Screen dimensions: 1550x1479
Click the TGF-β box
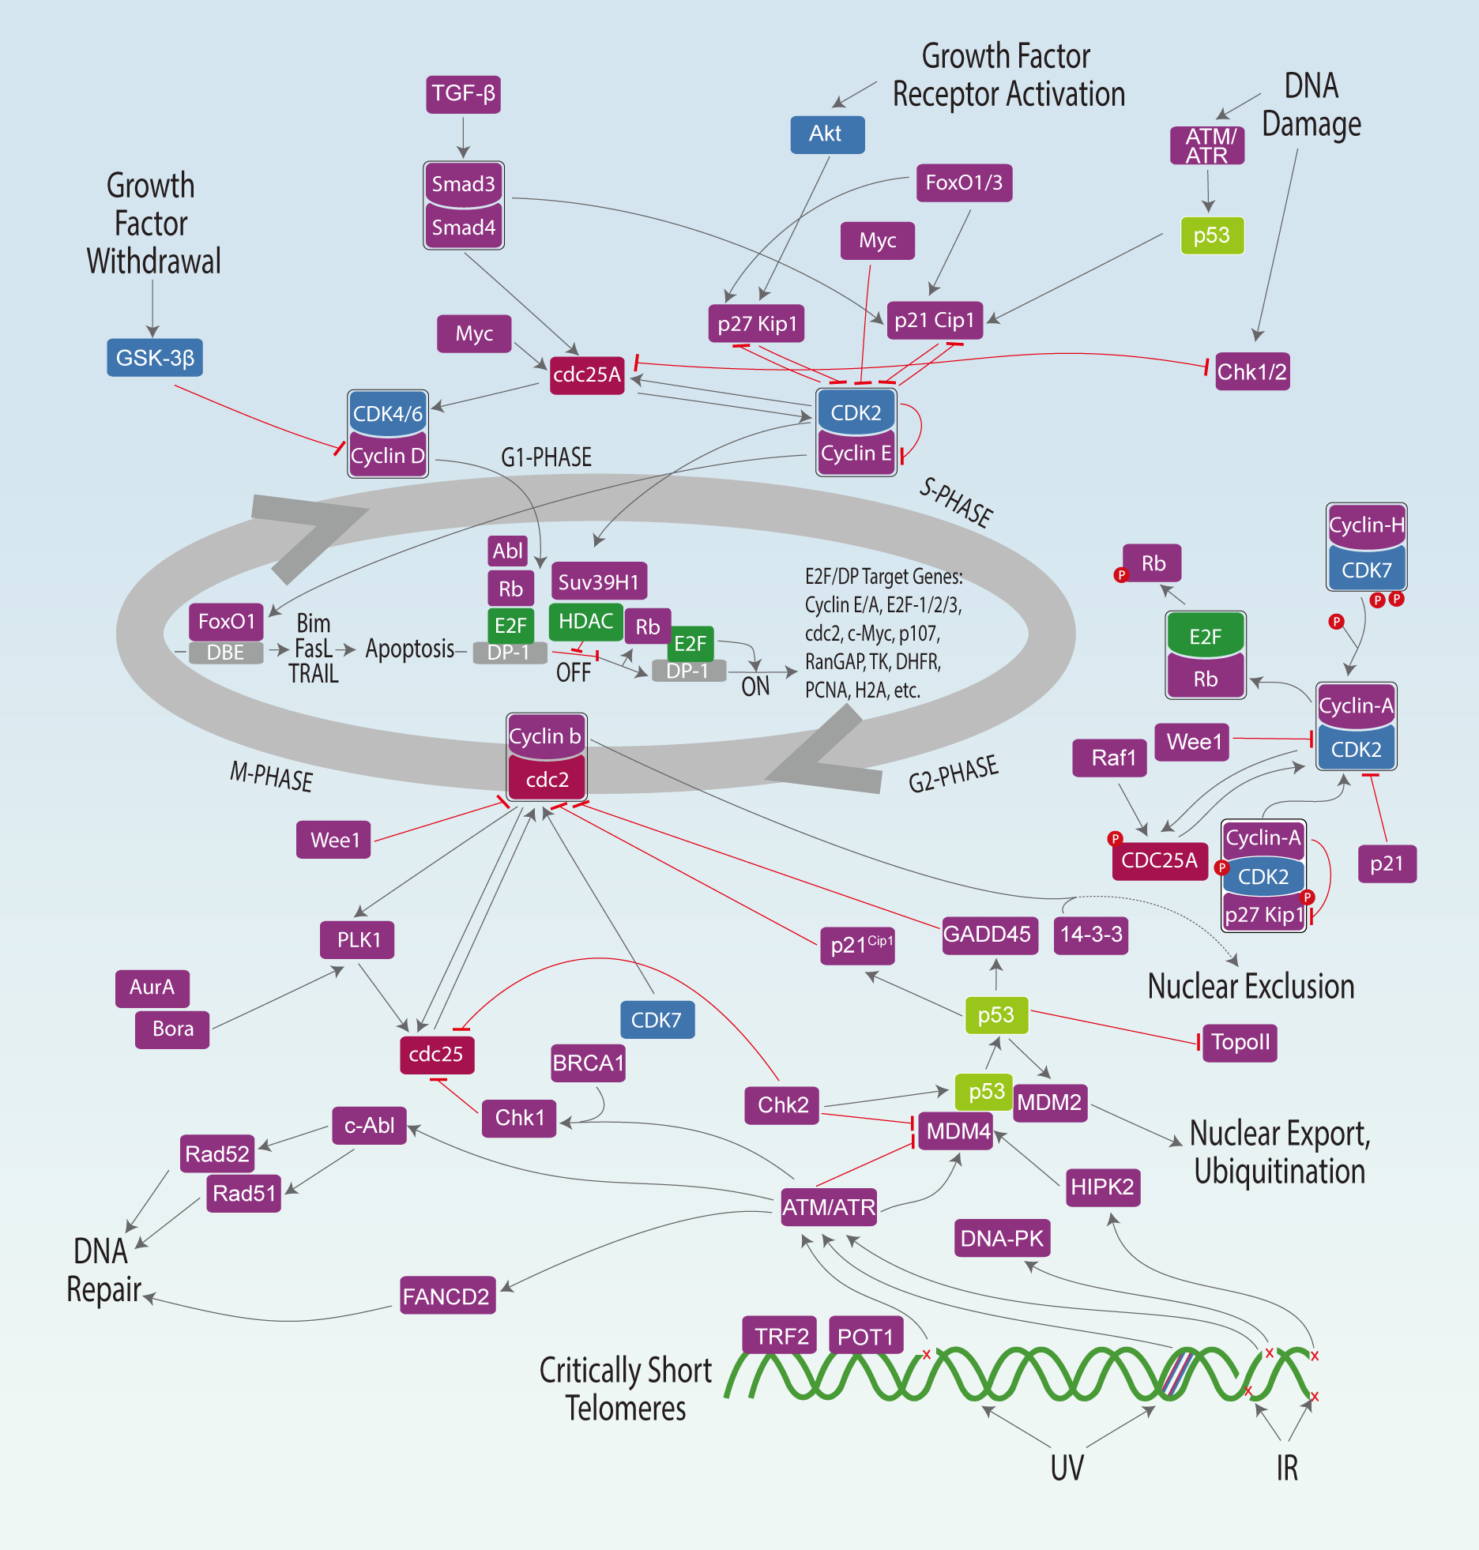[463, 94]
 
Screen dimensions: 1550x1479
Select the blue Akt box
[826, 134]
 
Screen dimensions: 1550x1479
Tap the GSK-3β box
[155, 358]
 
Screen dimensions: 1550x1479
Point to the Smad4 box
[464, 228]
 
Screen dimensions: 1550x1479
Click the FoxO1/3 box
[964, 183]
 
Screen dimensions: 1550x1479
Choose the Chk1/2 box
[1252, 372]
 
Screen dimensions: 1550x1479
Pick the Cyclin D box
[388, 456]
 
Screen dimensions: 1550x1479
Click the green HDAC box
[585, 622]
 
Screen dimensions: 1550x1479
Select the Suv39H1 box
[599, 582]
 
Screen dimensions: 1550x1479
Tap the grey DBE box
[225, 653]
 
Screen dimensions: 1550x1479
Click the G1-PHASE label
[546, 457]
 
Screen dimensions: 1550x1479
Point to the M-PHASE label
[271, 777]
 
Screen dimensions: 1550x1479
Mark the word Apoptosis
[409, 649]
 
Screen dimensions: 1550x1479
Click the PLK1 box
[358, 940]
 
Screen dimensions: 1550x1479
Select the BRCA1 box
[589, 1063]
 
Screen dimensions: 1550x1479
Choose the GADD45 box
[988, 935]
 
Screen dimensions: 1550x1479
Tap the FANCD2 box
[446, 1296]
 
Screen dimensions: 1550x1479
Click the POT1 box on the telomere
[865, 1337]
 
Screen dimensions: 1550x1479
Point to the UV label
[1067, 1468]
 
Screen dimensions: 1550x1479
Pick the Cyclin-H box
[1366, 525]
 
